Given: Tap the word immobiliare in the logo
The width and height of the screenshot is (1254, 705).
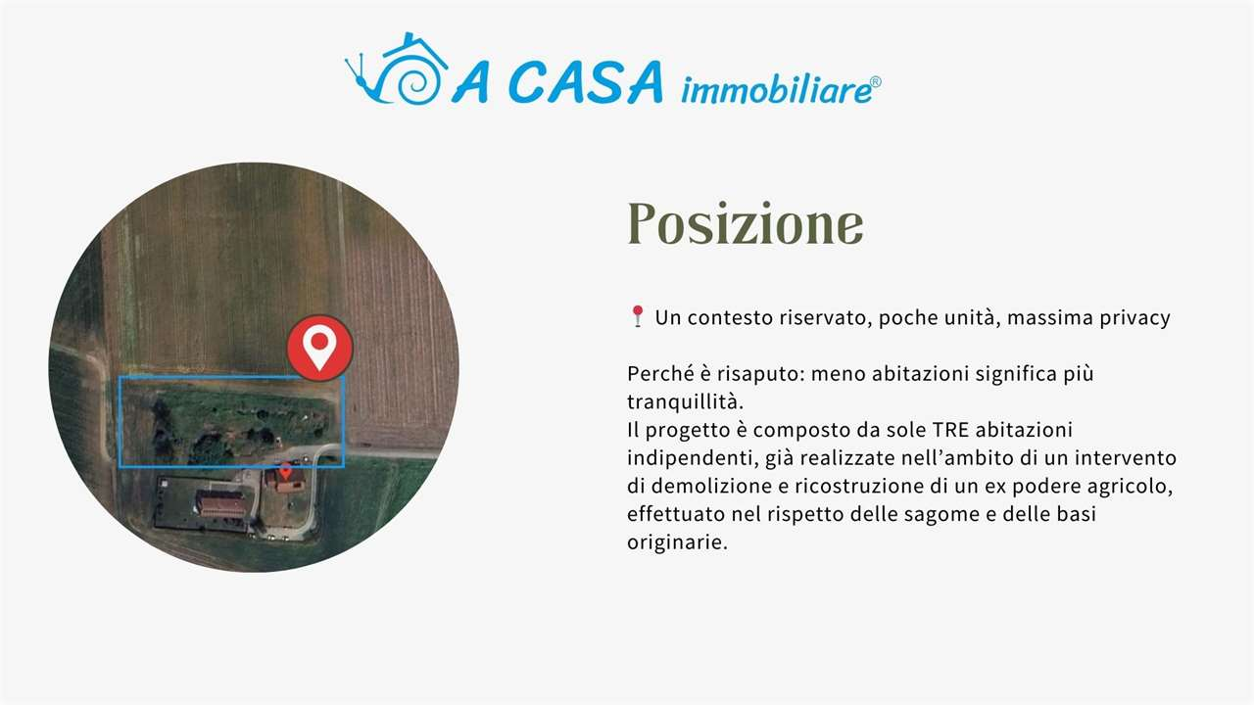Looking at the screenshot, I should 774,90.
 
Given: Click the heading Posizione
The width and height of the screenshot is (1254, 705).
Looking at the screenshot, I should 745,224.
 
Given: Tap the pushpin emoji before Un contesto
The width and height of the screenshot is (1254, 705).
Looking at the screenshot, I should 637,316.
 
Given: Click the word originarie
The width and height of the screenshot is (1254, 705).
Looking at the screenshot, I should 676,542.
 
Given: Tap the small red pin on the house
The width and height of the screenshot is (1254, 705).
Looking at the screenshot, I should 285,471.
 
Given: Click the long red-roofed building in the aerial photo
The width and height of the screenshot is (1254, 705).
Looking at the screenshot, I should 222,504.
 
